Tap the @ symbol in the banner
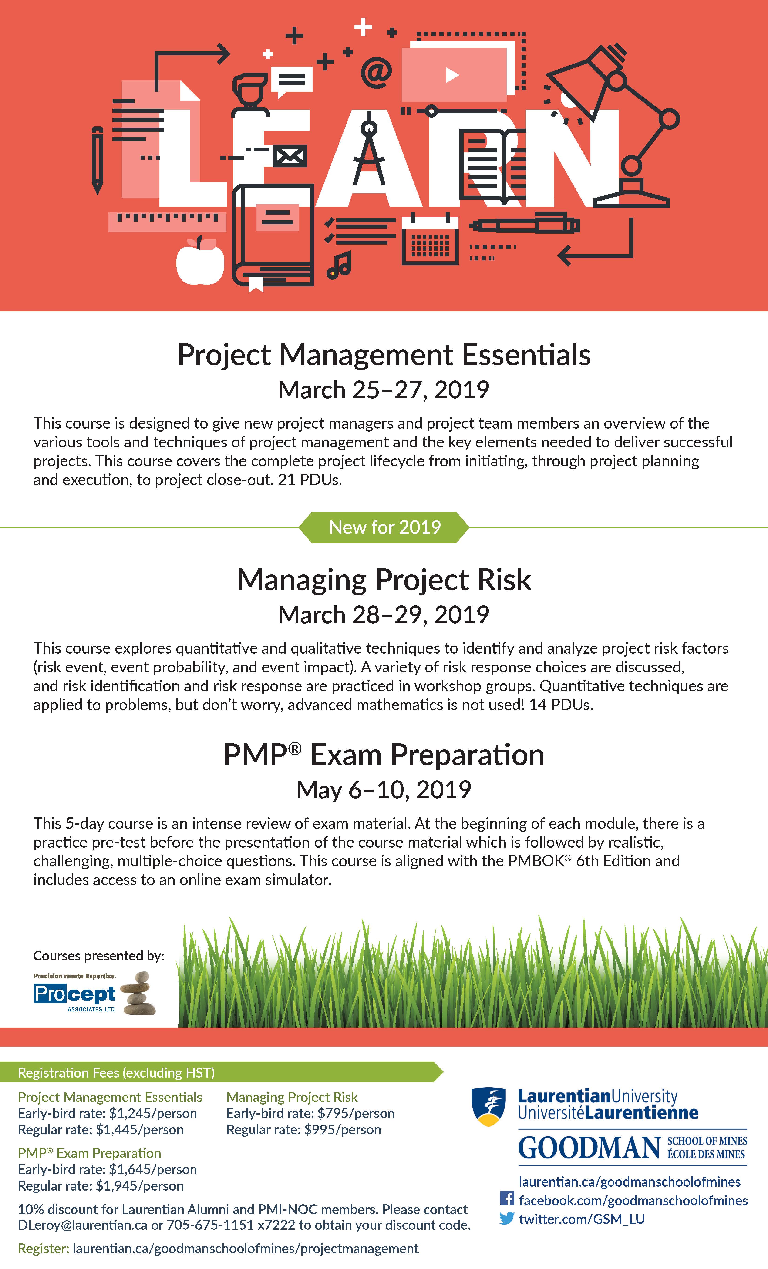pyautogui.click(x=376, y=73)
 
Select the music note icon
pyautogui.click(x=340, y=265)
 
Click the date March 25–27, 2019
pyautogui.click(x=384, y=390)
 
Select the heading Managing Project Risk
pyautogui.click(x=384, y=580)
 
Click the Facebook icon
pyautogui.click(x=507, y=1198)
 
